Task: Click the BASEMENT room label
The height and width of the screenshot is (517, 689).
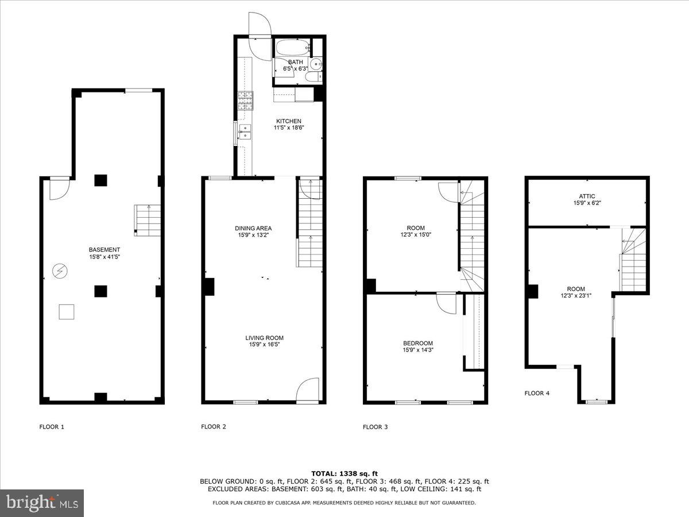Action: (x=104, y=250)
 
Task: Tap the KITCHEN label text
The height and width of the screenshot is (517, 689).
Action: (x=288, y=121)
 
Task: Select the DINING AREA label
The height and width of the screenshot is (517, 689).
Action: (x=253, y=228)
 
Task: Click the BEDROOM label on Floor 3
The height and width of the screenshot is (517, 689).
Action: (x=417, y=344)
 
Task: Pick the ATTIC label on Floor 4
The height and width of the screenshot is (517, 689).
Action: (x=587, y=196)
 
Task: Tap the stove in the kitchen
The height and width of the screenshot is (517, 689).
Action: (x=245, y=101)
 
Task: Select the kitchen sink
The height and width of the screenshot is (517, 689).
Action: (x=245, y=132)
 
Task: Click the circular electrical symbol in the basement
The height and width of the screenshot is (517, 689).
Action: (x=59, y=270)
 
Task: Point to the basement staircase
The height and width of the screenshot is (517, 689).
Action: (x=146, y=220)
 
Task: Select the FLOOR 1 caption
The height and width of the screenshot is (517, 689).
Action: (x=52, y=427)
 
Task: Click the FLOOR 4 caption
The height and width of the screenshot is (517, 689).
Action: (x=537, y=393)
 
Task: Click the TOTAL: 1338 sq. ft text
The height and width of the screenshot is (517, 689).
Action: (x=344, y=473)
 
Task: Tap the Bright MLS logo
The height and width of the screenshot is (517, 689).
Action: (x=42, y=503)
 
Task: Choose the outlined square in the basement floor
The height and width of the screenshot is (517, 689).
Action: (x=67, y=311)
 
